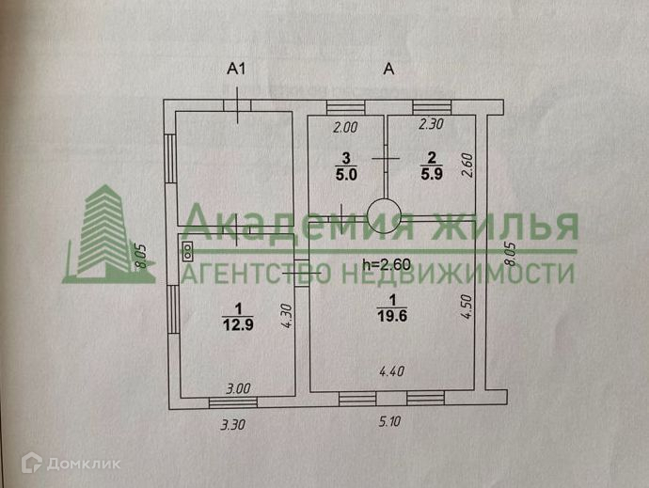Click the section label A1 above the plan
pos(237,68)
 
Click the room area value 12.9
pos(238,325)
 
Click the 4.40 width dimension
pos(390,371)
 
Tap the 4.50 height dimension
pos(465,307)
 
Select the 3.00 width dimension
pos(236,387)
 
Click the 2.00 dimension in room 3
pos(345,127)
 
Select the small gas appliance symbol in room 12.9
pos(188,250)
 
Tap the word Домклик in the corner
pos(68,462)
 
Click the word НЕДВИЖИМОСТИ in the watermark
pos(455,274)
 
